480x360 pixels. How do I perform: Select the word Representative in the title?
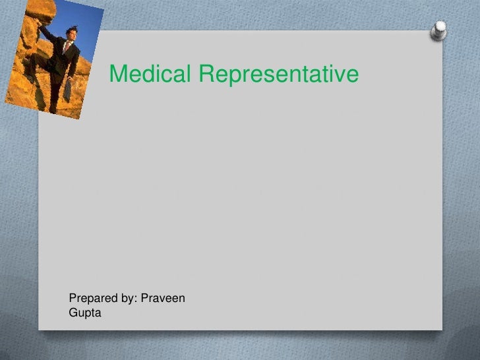tap(278, 75)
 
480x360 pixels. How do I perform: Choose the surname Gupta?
tap(85, 313)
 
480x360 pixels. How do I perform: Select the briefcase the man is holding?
tap(67, 90)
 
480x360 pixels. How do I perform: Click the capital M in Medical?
tap(117, 75)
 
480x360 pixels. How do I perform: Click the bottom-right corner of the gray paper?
tap(440, 328)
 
